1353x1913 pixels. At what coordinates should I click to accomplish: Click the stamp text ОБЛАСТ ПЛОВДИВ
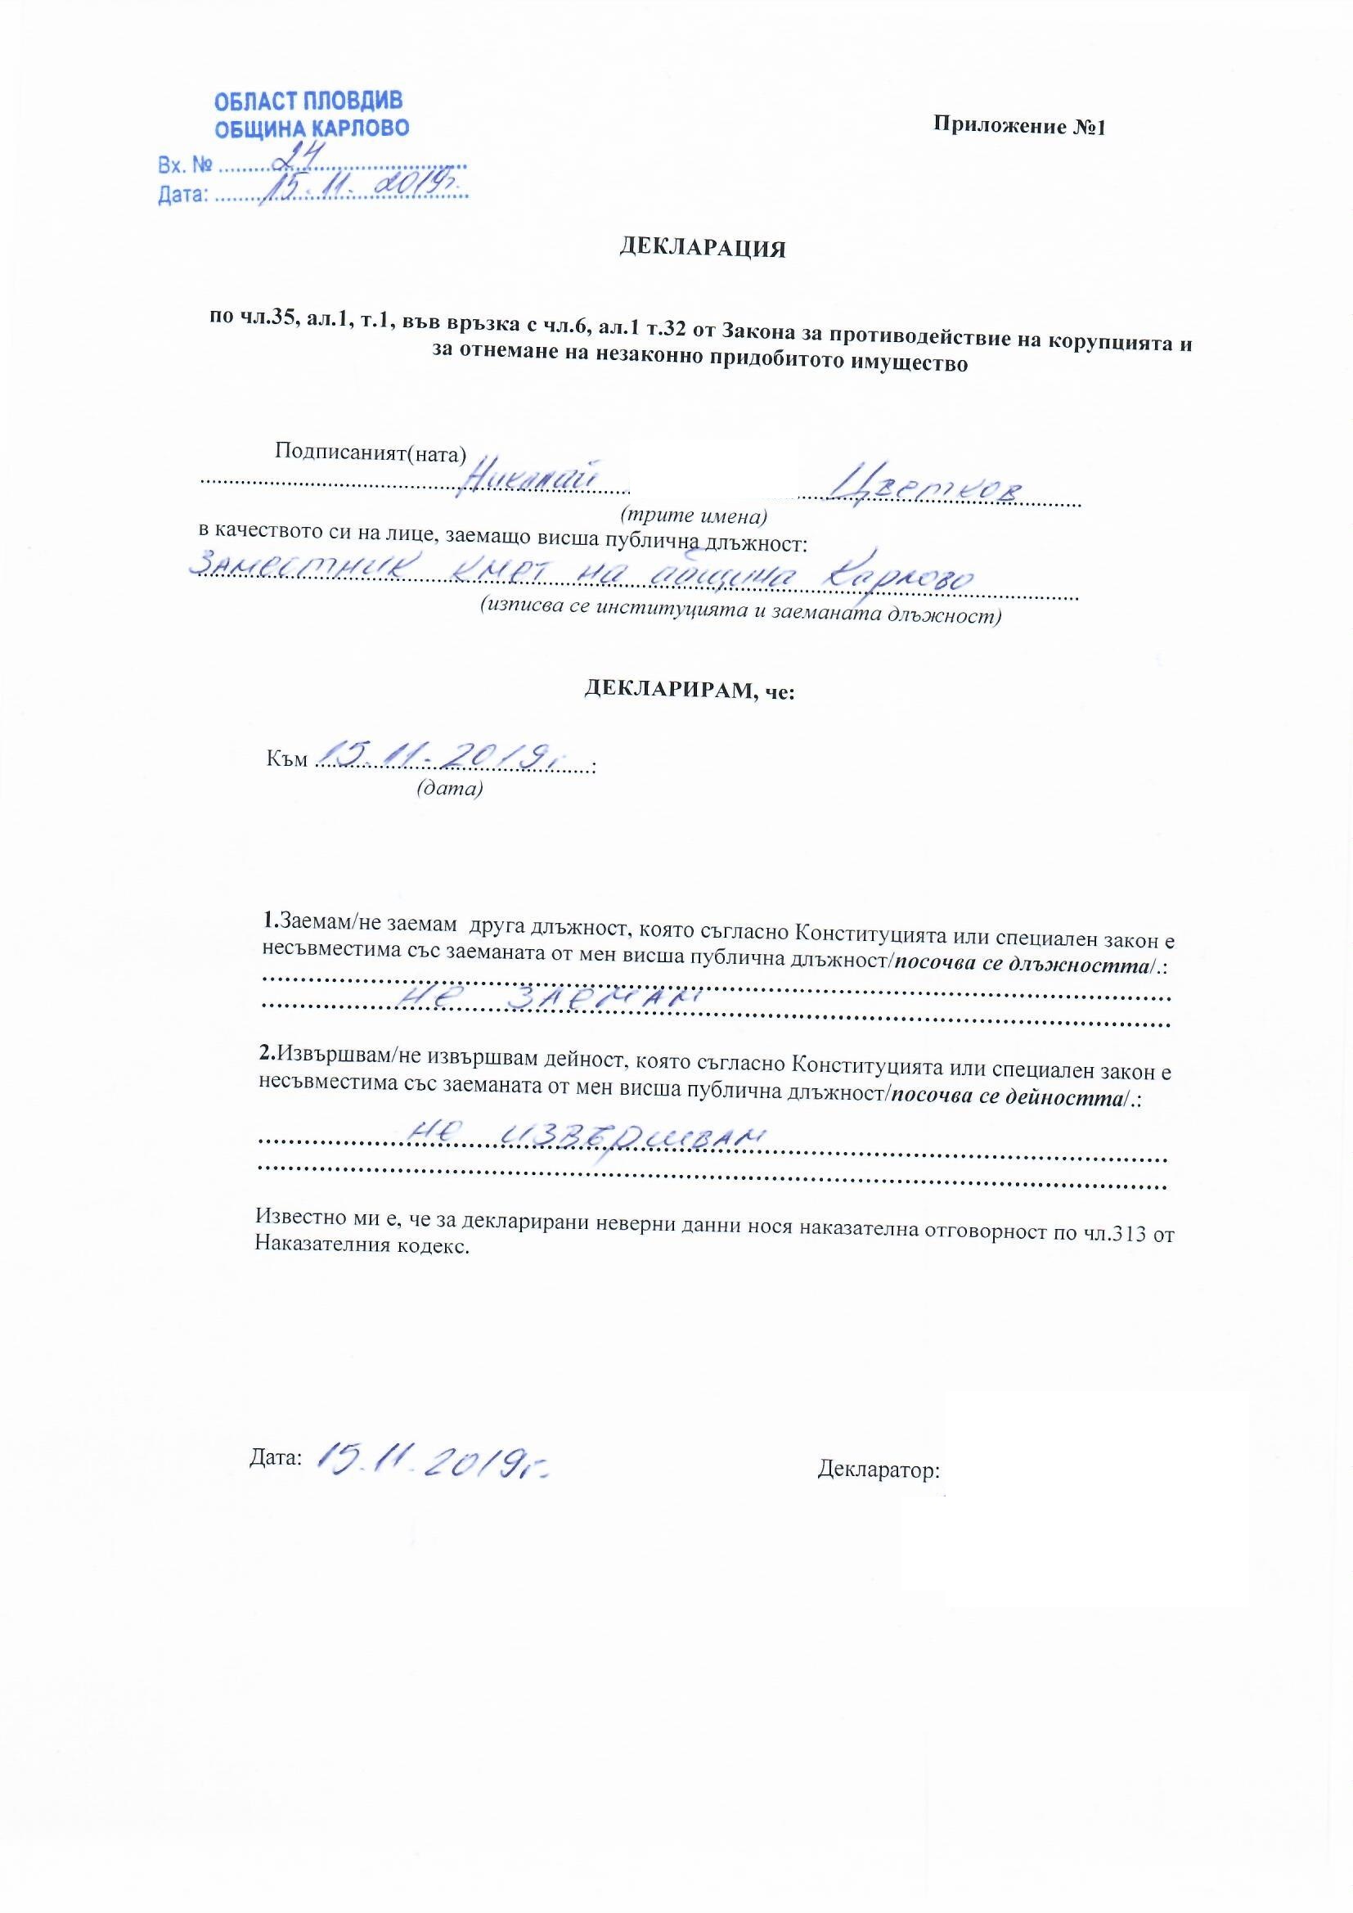(x=308, y=101)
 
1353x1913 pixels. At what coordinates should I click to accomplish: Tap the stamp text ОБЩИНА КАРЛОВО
(x=312, y=129)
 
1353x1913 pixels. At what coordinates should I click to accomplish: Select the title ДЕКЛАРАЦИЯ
(x=702, y=248)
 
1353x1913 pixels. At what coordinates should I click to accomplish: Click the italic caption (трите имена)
(x=693, y=515)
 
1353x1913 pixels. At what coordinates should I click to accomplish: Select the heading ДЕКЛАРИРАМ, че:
(x=689, y=690)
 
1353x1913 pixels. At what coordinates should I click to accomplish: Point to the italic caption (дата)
(x=449, y=787)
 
